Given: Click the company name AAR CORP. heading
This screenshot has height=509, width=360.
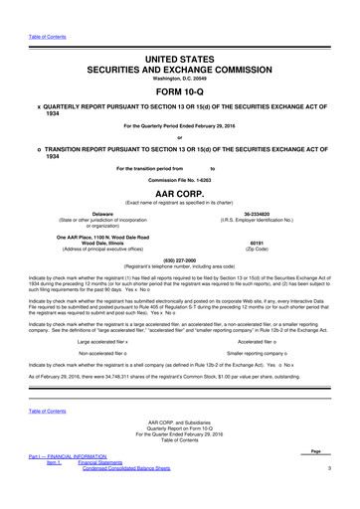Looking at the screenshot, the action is pyautogui.click(x=180, y=198).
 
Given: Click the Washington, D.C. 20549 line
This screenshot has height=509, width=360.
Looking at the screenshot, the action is pyautogui.click(x=180, y=65).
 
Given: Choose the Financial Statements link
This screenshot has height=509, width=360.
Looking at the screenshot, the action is pyautogui.click(x=111, y=491).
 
